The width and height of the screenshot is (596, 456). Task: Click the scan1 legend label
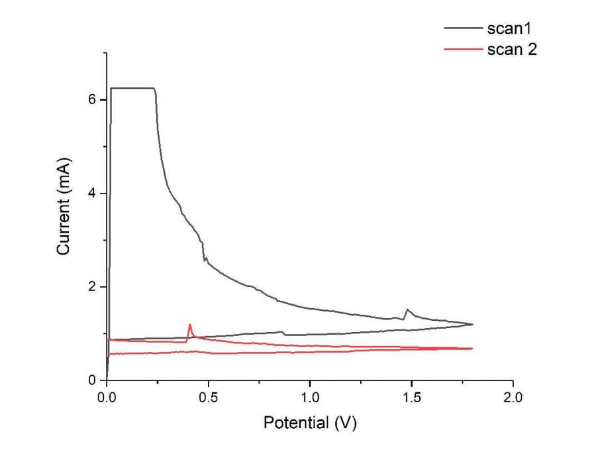[510, 30]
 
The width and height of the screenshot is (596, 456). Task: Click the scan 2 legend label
[512, 50]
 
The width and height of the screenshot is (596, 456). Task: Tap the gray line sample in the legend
[463, 30]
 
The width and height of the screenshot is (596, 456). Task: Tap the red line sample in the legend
[463, 50]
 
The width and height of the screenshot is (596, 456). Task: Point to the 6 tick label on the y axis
[93, 99]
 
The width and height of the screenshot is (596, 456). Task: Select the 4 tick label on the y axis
[93, 193]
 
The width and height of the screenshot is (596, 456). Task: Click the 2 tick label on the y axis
[93, 286]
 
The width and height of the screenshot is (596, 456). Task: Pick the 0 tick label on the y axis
[93, 380]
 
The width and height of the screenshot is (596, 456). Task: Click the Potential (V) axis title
[310, 423]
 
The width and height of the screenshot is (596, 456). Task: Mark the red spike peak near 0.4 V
[190, 324]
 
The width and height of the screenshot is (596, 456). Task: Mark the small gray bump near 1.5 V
[407, 310]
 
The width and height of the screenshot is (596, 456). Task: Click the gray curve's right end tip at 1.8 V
[473, 324]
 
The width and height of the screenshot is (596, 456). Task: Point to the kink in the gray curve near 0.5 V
[205, 259]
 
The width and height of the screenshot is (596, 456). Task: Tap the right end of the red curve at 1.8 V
[472, 348]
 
